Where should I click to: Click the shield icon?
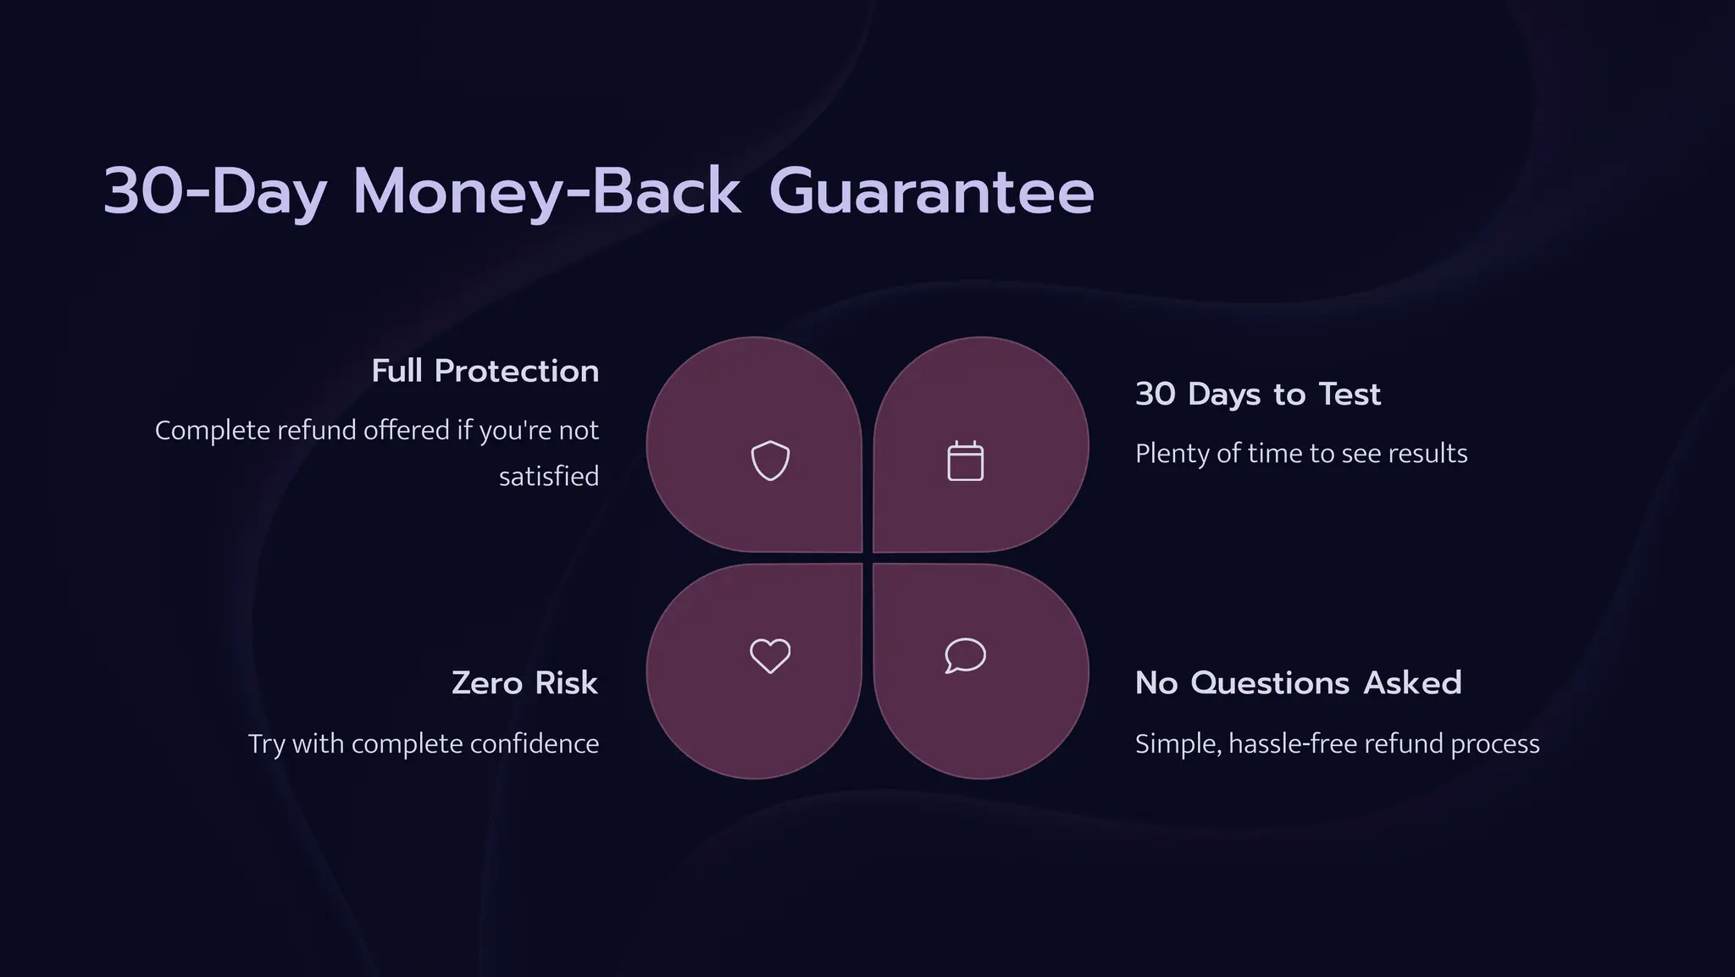coord(770,461)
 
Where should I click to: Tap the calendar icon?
coord(965,461)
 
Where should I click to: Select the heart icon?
coord(770,655)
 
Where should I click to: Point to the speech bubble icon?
coord(965,655)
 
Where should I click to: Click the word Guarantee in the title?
coord(931,191)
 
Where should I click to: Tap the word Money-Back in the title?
coord(546,191)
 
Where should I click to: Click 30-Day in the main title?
coord(214,191)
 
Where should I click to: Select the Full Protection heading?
coord(485,371)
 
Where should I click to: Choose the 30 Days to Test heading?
coord(1257,394)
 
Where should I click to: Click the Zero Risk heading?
coord(524,682)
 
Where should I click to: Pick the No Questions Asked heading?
coord(1298,682)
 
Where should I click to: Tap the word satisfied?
coord(548,476)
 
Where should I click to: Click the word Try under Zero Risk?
coord(266,743)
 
